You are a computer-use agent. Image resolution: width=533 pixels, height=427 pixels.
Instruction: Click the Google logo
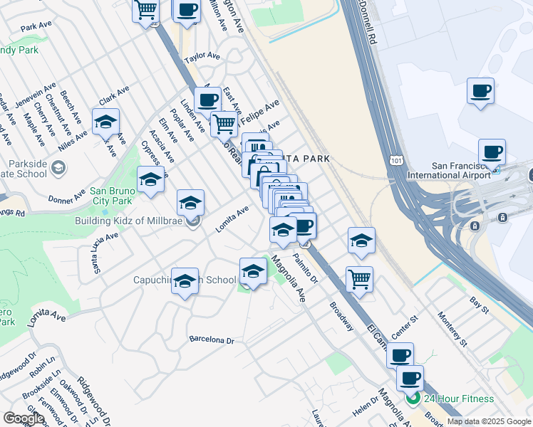23,418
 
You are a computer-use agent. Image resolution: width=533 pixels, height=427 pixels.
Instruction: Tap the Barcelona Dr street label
212,340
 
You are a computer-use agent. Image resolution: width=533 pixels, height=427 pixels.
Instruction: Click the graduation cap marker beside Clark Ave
105,122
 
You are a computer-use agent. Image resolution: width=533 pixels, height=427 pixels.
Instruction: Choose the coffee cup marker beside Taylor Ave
207,100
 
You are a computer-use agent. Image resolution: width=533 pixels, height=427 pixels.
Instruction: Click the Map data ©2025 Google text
489,421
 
